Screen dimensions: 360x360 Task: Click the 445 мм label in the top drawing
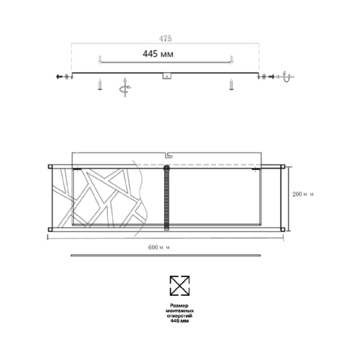coord(157,54)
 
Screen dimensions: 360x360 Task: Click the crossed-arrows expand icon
coord(179,286)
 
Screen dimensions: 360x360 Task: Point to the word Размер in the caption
coord(179,305)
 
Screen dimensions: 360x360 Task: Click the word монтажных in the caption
coord(179,310)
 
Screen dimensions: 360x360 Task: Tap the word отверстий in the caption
coord(179,316)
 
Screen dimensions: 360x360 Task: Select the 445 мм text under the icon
coord(179,322)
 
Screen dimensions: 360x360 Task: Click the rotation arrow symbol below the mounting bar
coord(124,86)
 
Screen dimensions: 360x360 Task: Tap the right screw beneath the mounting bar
coord(230,86)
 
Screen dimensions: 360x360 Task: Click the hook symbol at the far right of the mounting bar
coord(287,77)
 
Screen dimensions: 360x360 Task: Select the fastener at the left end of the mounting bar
coord(63,76)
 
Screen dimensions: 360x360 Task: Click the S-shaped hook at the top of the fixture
coord(168,154)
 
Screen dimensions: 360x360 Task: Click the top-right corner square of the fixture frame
coord(278,166)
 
